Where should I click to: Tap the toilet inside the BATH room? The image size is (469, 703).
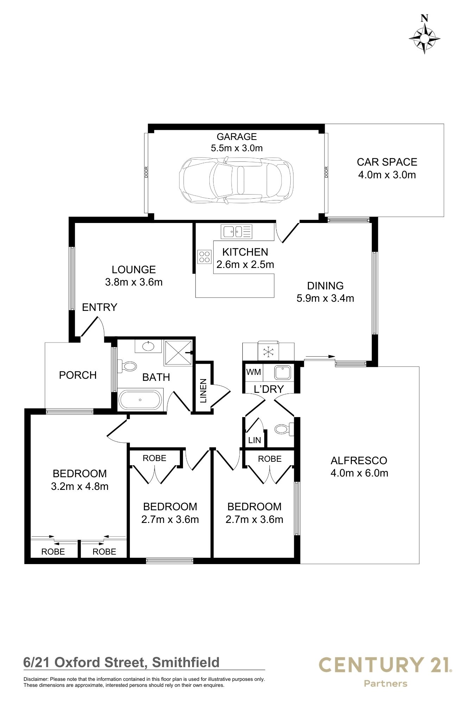click(x=127, y=366)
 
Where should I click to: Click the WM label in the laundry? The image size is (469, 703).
click(x=254, y=372)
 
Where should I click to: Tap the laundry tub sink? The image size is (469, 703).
click(x=282, y=372)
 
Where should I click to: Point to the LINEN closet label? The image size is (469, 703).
click(x=203, y=391)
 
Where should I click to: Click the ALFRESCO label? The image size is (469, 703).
click(x=359, y=460)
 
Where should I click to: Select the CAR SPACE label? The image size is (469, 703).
click(x=387, y=162)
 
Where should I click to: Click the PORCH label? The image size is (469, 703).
click(x=78, y=375)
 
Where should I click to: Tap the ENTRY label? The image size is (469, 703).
click(x=99, y=307)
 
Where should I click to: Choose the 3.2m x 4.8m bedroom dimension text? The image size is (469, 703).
click(x=80, y=486)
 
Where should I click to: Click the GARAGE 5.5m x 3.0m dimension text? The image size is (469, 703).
click(x=236, y=148)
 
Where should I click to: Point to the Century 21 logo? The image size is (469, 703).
click(x=385, y=666)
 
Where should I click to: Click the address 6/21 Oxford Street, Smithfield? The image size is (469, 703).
click(x=121, y=663)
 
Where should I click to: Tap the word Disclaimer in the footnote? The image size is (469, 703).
click(x=36, y=679)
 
